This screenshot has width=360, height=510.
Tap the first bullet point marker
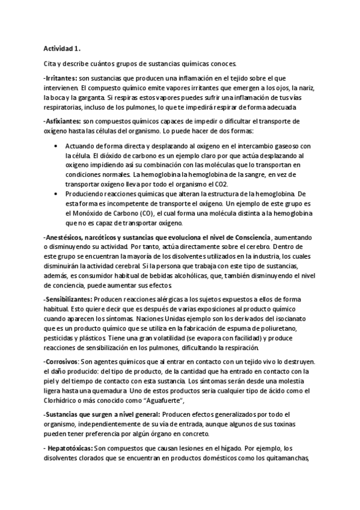pyautogui.click(x=56, y=146)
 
